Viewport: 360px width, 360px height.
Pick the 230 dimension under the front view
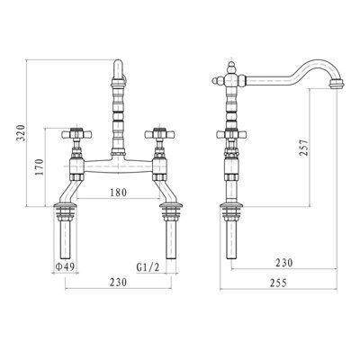pyautogui.click(x=116, y=283)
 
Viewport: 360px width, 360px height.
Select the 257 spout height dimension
pyautogui.click(x=303, y=147)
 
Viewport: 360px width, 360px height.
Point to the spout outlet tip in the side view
pyautogui.click(x=337, y=87)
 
